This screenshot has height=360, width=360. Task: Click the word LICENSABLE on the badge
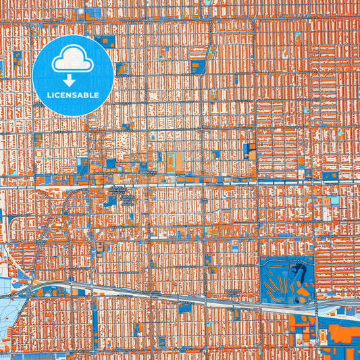[x=72, y=95]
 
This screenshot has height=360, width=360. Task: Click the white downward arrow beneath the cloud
[x=72, y=80]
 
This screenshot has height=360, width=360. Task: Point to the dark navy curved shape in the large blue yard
[x=295, y=273]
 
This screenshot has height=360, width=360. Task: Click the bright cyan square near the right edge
[x=334, y=201]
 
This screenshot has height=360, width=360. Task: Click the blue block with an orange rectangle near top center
[x=198, y=66]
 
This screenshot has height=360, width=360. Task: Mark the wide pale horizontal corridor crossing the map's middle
[x=203, y=181]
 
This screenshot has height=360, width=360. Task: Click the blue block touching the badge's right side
[x=122, y=68]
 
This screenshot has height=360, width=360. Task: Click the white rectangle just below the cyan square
[x=334, y=211]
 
